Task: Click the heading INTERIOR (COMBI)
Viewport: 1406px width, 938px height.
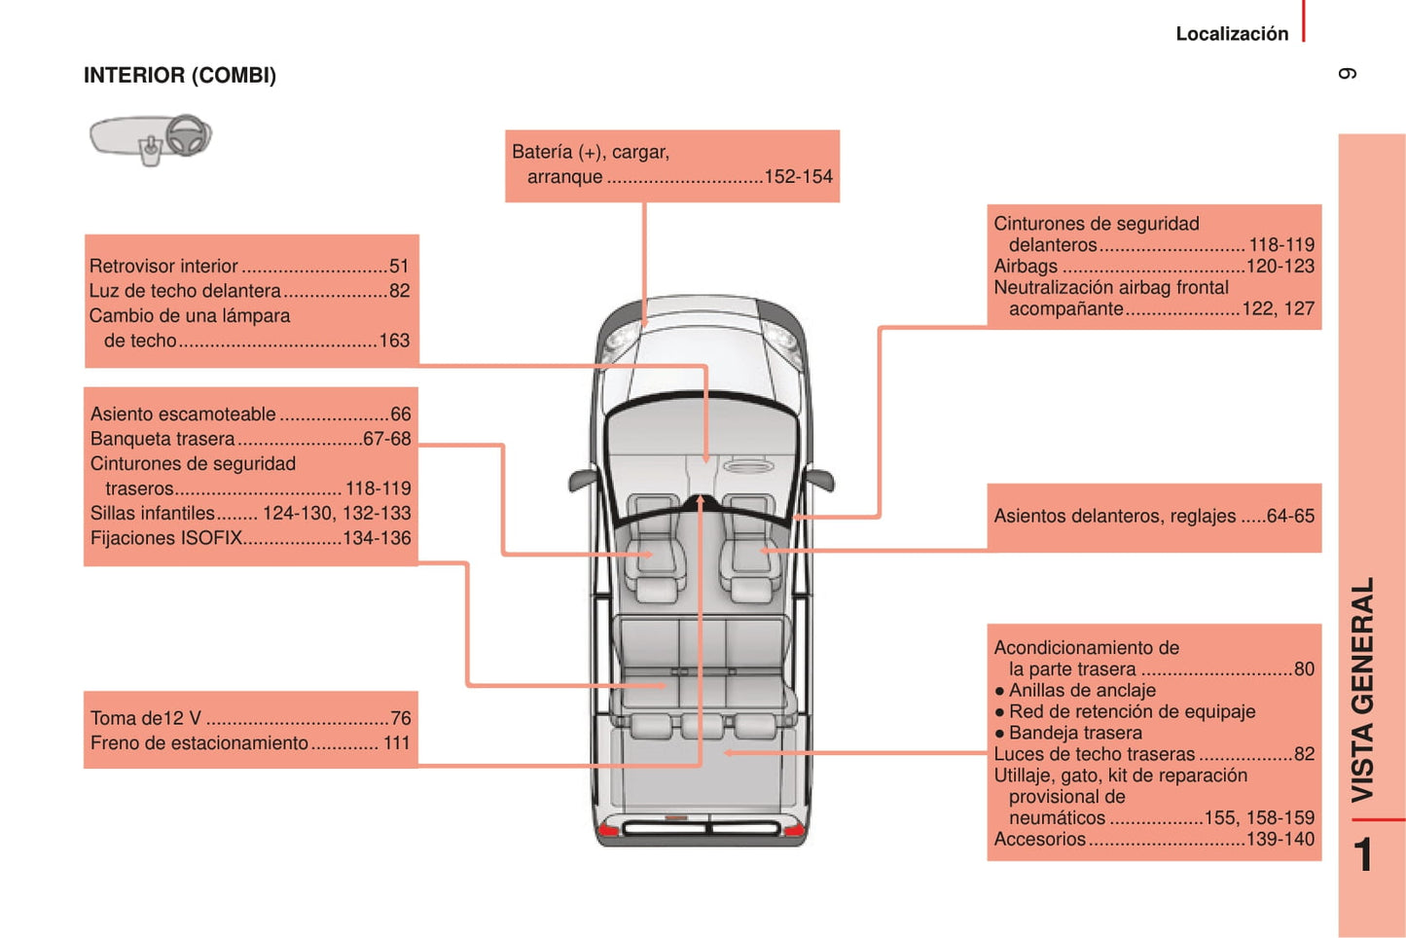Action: pos(180,76)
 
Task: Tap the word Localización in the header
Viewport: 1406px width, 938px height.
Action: pos(1231,34)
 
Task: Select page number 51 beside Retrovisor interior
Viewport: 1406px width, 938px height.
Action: pos(399,267)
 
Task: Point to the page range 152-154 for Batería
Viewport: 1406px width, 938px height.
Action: pos(798,177)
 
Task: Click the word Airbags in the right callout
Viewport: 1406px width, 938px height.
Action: pos(1026,267)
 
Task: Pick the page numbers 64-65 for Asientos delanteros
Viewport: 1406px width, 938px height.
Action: pos(1290,517)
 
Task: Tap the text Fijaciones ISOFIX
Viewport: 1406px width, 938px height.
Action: pos(166,538)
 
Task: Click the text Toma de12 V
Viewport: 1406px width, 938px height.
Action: pos(146,719)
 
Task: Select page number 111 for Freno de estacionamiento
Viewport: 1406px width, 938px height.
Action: pos(397,743)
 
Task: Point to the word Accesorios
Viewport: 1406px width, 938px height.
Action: pos(1039,839)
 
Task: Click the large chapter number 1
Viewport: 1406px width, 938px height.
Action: pos(1364,855)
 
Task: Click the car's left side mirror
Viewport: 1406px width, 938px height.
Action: pos(583,479)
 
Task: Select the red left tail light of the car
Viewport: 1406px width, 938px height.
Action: pos(608,829)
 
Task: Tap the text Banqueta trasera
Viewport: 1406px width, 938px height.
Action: pos(162,439)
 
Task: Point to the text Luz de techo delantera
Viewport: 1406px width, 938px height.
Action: pos(185,291)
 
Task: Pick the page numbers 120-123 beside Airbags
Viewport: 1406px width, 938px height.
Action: pos(1280,267)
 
